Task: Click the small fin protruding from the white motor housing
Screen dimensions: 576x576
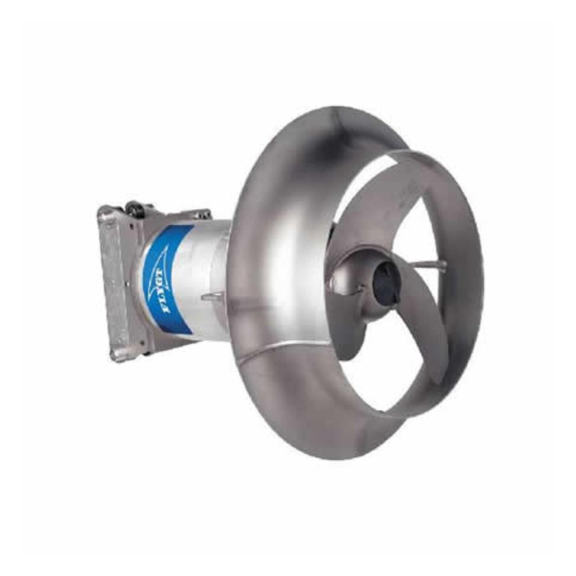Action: point(213,296)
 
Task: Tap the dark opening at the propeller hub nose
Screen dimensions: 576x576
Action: point(385,281)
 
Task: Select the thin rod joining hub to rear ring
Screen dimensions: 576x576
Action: point(425,264)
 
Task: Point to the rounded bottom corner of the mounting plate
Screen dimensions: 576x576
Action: point(118,358)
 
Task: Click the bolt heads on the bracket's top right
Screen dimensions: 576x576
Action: point(202,215)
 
